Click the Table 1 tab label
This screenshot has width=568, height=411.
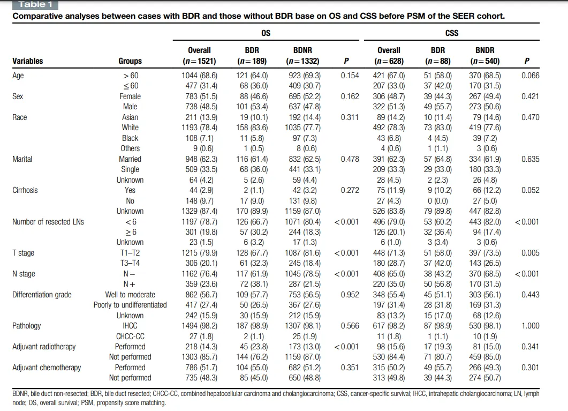(x=35, y=5)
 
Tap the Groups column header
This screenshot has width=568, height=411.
(x=130, y=61)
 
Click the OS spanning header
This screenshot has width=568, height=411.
(x=266, y=33)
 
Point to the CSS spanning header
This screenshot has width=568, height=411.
(x=452, y=33)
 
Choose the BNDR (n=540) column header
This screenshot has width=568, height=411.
(x=484, y=55)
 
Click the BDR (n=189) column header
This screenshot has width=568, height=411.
(x=252, y=55)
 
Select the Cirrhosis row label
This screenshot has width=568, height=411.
(x=25, y=190)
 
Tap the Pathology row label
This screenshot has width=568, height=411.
(x=26, y=326)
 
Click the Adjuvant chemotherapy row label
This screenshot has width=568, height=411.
(x=47, y=368)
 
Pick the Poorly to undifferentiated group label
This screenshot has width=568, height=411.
(x=130, y=305)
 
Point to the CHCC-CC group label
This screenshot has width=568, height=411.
(x=130, y=337)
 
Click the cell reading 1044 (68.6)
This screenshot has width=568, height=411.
(x=199, y=76)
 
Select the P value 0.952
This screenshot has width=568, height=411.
(x=350, y=295)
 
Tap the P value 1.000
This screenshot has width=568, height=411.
(x=531, y=326)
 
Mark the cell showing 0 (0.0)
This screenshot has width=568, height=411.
(x=437, y=201)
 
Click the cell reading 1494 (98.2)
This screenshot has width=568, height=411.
(x=199, y=326)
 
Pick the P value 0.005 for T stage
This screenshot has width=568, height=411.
(x=531, y=253)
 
